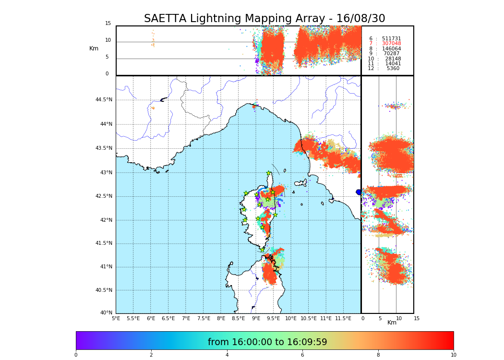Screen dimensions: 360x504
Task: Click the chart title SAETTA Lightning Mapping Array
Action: click(264, 19)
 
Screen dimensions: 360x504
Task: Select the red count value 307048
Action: click(391, 44)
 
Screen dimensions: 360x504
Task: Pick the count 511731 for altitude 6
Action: click(391, 39)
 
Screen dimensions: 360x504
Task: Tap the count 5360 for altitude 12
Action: click(393, 69)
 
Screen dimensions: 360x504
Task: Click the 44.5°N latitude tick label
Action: click(103, 100)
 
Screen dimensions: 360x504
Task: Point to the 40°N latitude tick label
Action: click(106, 313)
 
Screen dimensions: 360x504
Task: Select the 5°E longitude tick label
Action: click(116, 318)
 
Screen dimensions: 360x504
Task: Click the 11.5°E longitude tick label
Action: click(343, 318)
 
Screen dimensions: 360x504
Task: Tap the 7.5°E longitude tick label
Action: click(203, 318)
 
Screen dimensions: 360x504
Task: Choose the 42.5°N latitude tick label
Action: click(103, 196)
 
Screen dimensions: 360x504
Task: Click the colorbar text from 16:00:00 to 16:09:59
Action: click(267, 342)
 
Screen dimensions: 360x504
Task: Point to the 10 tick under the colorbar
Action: click(453, 355)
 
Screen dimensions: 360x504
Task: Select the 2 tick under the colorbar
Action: click(151, 355)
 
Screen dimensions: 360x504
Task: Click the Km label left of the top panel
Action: click(94, 48)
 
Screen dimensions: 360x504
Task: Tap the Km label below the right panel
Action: click(392, 323)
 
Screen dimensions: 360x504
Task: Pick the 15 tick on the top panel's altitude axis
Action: click(108, 24)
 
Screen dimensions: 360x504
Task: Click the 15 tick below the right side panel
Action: click(417, 318)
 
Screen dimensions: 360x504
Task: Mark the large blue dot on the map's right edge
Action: click(359, 192)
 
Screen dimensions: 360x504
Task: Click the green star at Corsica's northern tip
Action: click(269, 173)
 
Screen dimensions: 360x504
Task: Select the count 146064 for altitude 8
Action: click(391, 49)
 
